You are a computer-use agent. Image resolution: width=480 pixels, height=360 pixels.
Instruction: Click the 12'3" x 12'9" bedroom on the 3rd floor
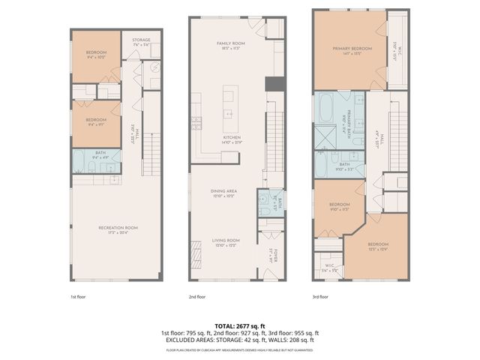[378, 247]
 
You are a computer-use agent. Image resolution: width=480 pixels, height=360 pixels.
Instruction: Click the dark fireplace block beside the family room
[276, 83]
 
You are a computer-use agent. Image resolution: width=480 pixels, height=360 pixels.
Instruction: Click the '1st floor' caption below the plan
[79, 296]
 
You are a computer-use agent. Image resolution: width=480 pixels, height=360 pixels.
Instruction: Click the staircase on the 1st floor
[151, 155]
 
